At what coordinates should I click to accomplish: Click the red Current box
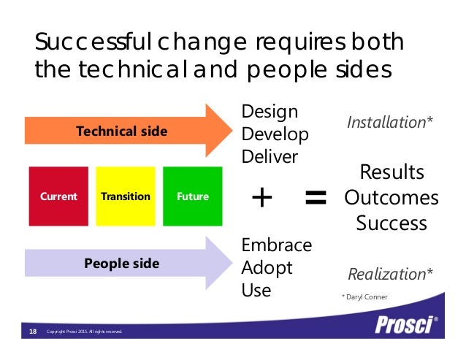(x=58, y=196)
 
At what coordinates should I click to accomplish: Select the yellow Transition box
(x=126, y=196)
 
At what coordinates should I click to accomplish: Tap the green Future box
(x=192, y=196)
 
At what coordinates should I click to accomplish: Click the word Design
(x=270, y=112)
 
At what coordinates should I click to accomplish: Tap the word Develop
(x=275, y=135)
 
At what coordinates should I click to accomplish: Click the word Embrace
(x=276, y=245)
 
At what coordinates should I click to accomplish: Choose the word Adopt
(x=267, y=267)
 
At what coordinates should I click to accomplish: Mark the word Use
(x=256, y=290)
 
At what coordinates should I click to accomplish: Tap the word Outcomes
(x=391, y=198)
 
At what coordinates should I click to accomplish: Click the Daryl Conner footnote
(x=366, y=296)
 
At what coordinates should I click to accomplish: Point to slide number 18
(x=33, y=332)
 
